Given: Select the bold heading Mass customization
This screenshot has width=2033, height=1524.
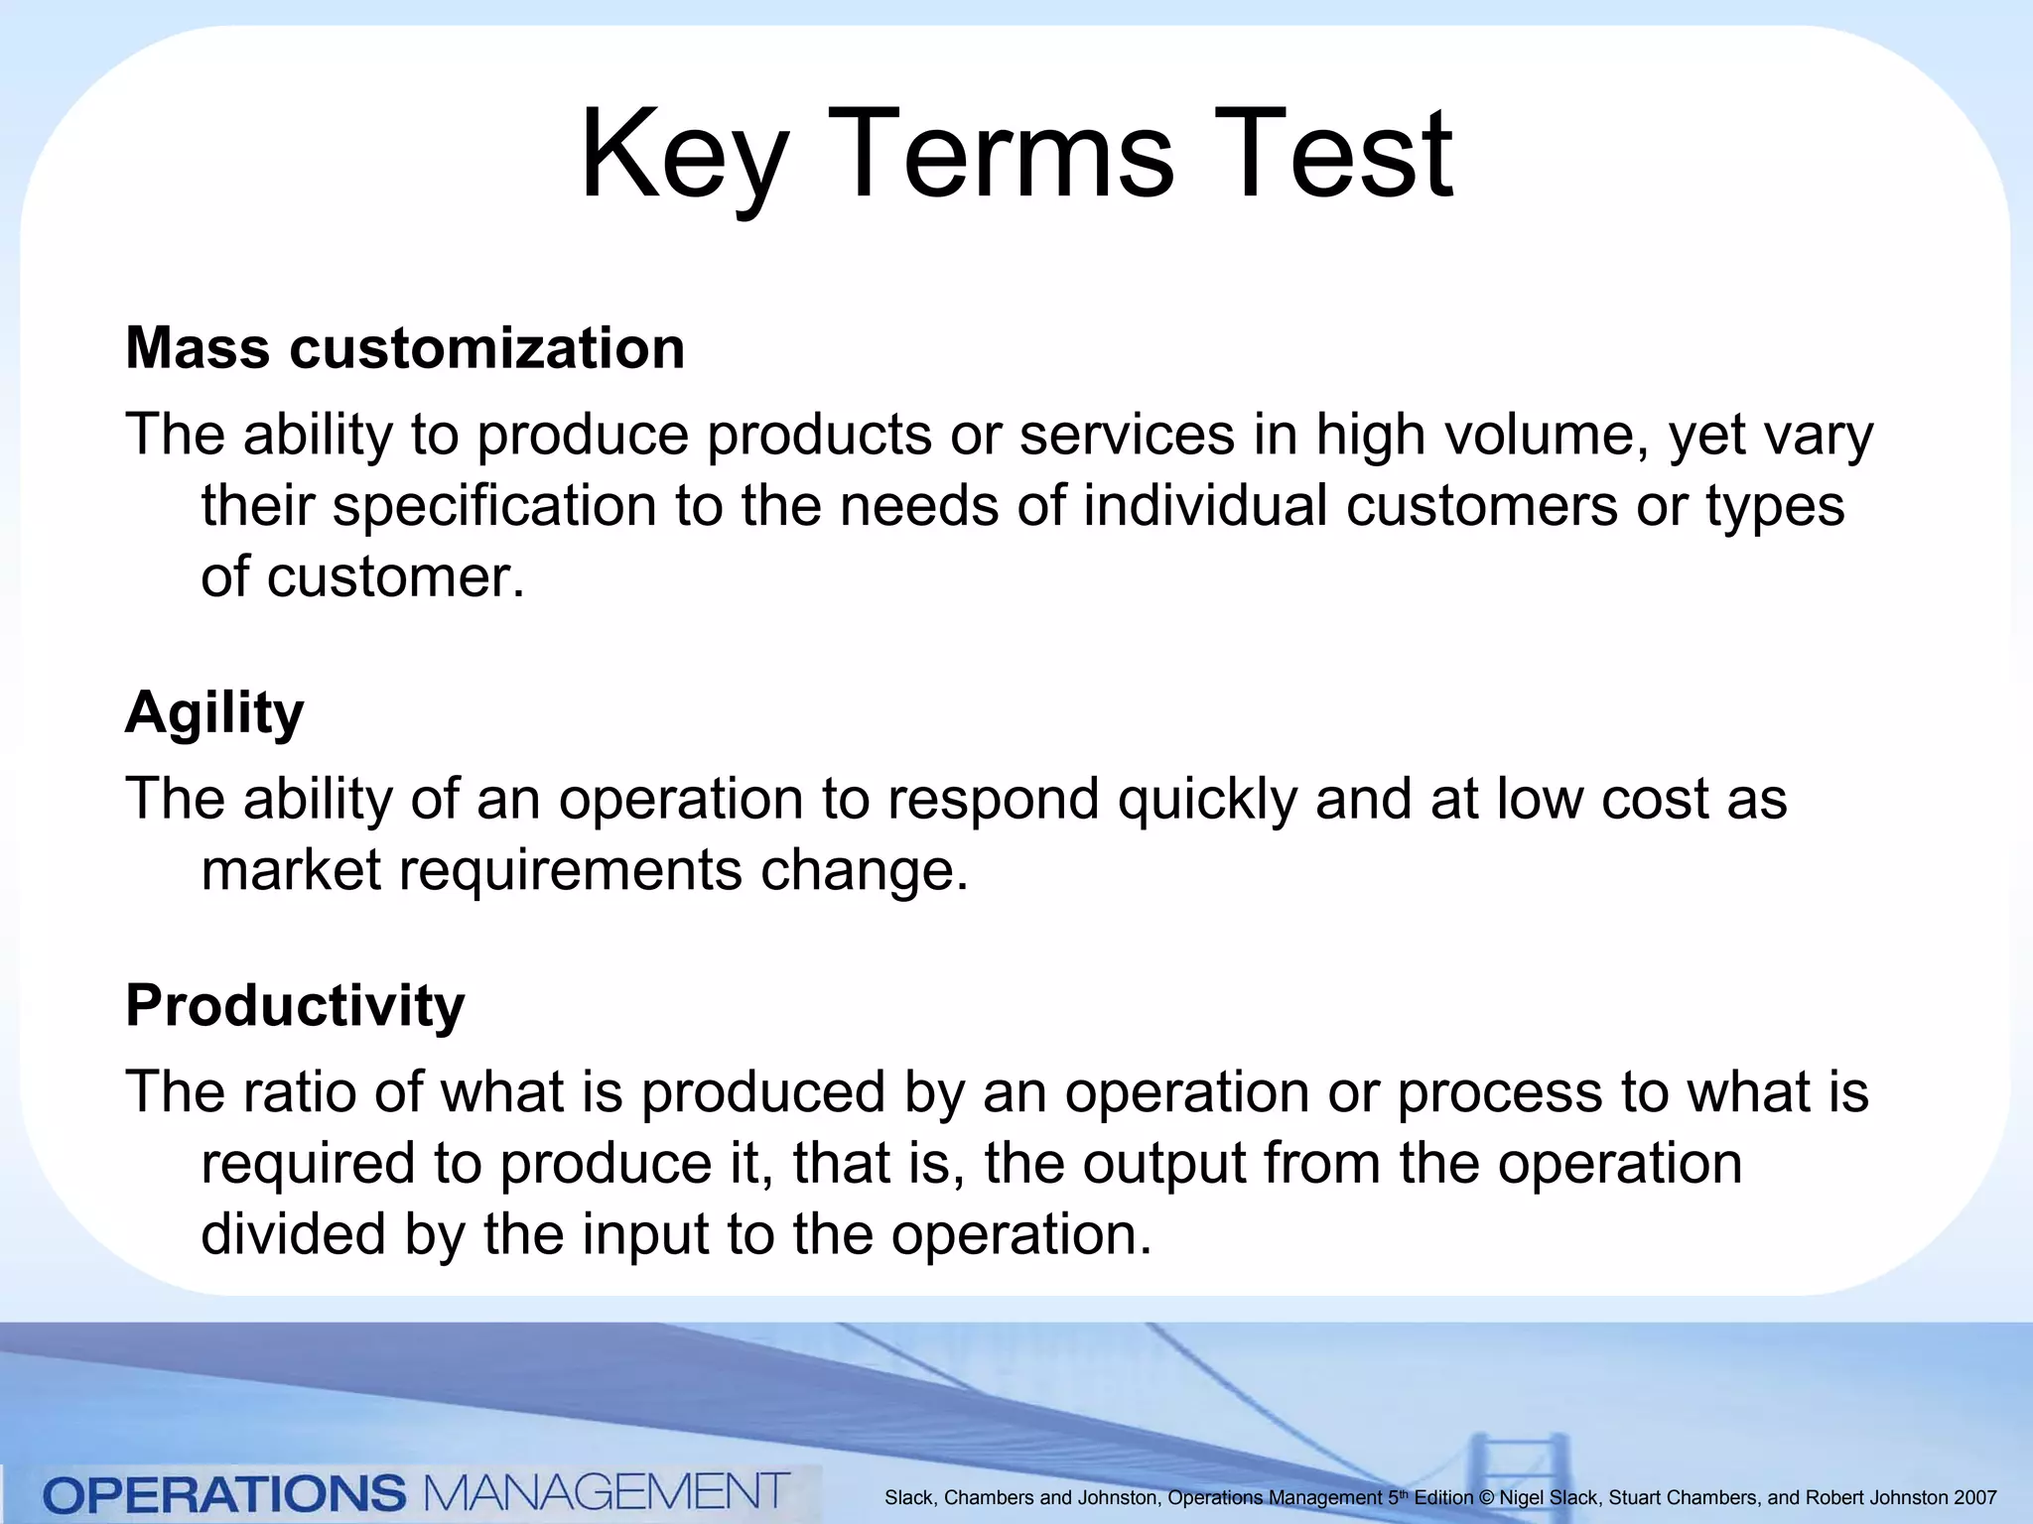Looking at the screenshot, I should (x=405, y=348).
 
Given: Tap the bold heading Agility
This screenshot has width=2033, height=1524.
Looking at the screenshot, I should (x=214, y=713).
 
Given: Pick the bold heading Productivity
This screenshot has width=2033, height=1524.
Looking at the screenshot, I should (x=295, y=1006).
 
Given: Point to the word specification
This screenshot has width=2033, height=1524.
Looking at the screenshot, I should (x=494, y=507).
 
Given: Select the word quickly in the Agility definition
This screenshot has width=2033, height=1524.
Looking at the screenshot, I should (x=1207, y=799).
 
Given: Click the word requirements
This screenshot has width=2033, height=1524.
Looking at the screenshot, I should (x=570, y=871).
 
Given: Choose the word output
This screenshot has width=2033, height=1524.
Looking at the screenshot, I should (x=1163, y=1163).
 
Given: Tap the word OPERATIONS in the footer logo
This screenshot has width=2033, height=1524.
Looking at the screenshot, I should (x=225, y=1494).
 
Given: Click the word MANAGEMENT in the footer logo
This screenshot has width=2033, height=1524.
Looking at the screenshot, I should (x=606, y=1492).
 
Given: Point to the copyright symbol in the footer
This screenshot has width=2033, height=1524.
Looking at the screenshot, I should (x=1485, y=1498).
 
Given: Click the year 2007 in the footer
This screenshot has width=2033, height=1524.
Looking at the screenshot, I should (x=1974, y=1498).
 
